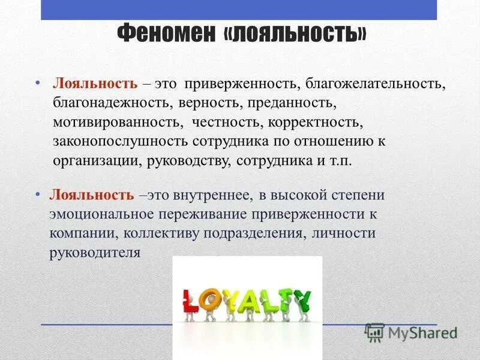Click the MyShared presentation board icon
pyautogui.click(x=374, y=332)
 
